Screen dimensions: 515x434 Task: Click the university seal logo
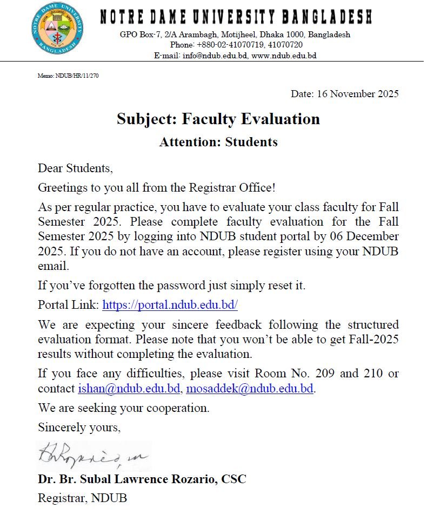click(x=57, y=29)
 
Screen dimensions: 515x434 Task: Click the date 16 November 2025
click(x=344, y=94)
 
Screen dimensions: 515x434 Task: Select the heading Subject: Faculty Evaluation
click(x=218, y=119)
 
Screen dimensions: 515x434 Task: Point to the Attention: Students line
click(x=218, y=142)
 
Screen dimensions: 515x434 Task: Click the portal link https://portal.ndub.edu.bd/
click(x=170, y=305)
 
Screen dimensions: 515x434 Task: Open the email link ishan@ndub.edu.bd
click(x=129, y=389)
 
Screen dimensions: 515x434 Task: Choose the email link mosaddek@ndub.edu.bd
click(x=250, y=389)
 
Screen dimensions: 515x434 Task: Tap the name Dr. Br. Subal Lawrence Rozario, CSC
click(x=142, y=479)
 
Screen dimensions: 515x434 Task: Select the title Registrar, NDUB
click(x=82, y=498)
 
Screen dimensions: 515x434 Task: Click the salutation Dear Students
click(x=75, y=168)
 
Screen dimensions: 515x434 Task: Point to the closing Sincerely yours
click(x=79, y=428)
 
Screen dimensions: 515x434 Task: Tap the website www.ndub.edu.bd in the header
click(x=284, y=56)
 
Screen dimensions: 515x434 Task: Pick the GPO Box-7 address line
click(x=235, y=35)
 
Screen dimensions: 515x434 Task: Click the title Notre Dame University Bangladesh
click(x=236, y=17)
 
